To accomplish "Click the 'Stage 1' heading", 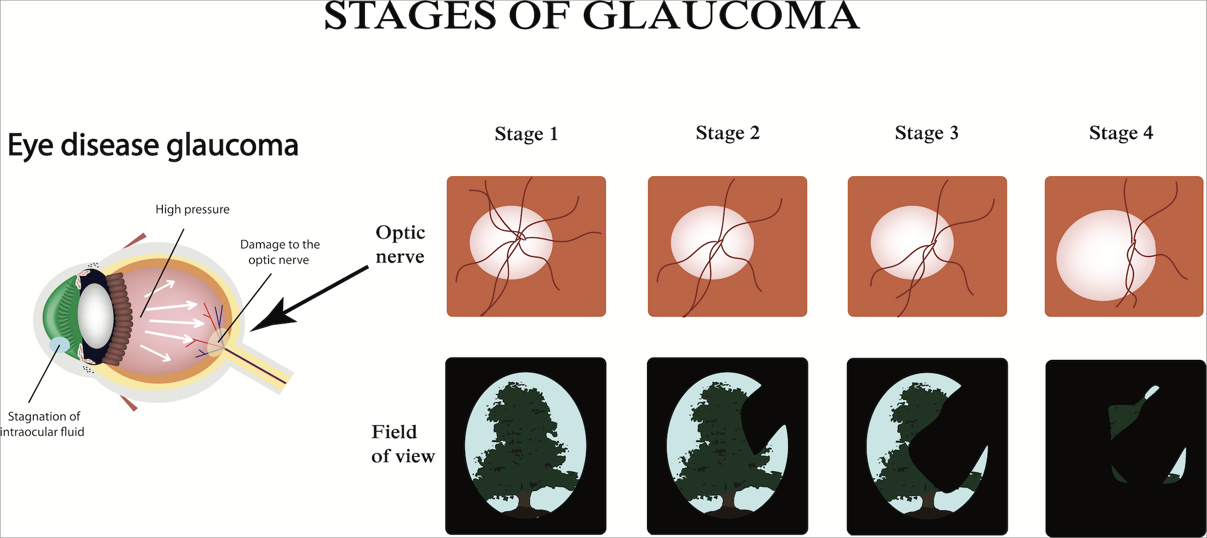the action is pyautogui.click(x=526, y=134).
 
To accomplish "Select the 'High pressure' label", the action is pyautogui.click(x=192, y=210).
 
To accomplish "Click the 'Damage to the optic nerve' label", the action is pyautogui.click(x=280, y=252).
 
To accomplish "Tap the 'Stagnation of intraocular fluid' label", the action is pyautogui.click(x=44, y=424).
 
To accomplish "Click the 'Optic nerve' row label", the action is pyautogui.click(x=400, y=244).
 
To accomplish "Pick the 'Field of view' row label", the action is pyautogui.click(x=403, y=444).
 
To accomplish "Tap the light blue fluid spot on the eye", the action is pyautogui.click(x=59, y=345).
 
